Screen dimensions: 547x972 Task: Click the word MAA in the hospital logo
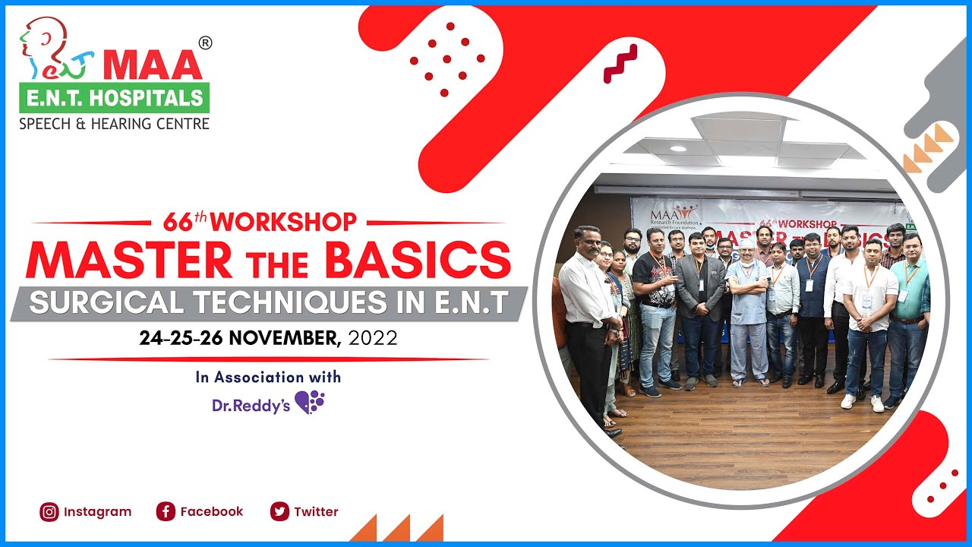coord(153,66)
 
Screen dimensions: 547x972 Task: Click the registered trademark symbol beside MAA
coord(204,43)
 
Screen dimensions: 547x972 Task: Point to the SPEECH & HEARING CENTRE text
coord(114,123)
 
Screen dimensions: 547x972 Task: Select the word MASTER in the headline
coord(129,260)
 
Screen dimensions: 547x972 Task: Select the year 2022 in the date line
coord(372,338)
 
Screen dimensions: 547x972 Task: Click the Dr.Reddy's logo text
coord(251,406)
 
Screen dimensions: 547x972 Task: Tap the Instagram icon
coord(49,512)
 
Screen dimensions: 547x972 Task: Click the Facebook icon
coord(166,512)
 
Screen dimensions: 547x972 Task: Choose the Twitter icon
coord(279,512)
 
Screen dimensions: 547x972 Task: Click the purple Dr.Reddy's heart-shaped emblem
coord(310,402)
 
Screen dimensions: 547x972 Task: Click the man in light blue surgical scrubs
coord(749,311)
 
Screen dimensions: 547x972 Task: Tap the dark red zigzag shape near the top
coord(620,64)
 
